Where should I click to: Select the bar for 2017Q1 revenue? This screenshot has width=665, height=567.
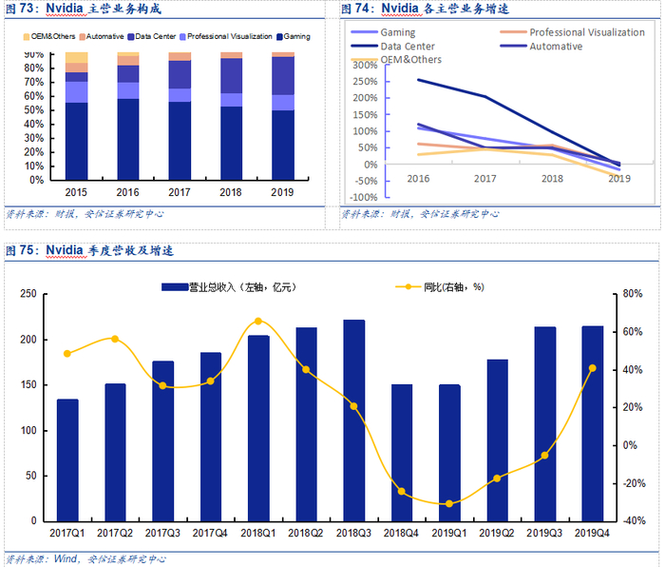(67, 459)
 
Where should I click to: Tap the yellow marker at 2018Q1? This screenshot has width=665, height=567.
(258, 322)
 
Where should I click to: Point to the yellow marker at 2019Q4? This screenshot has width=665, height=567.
(593, 368)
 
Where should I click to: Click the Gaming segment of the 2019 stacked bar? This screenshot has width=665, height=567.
(281, 145)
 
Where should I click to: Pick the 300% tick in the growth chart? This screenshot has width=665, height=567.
(363, 66)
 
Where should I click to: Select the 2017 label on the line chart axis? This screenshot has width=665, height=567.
(484, 178)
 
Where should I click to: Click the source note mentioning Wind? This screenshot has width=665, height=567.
(72, 558)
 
